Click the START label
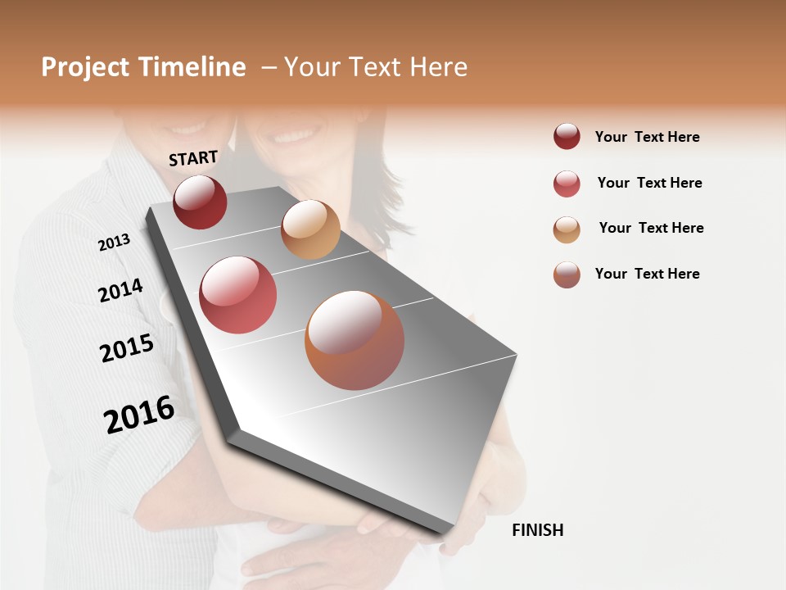[193, 158]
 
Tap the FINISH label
[537, 530]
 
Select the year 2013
[114, 242]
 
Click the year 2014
[120, 290]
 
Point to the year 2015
[127, 348]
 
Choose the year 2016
[139, 414]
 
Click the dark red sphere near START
[200, 202]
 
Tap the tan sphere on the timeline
[310, 229]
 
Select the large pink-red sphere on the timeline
[237, 295]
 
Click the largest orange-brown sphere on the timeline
[355, 340]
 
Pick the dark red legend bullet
[567, 137]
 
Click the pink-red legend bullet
[567, 184]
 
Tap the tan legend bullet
[567, 229]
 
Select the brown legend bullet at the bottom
[567, 275]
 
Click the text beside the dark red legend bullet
[647, 137]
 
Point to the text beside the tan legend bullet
[651, 228]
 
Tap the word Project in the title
[84, 67]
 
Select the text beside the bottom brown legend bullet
[647, 274]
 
